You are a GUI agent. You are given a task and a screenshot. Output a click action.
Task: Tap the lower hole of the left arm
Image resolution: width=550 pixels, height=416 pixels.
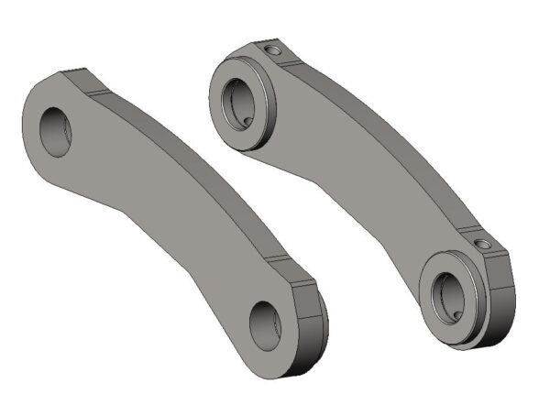tap(265, 322)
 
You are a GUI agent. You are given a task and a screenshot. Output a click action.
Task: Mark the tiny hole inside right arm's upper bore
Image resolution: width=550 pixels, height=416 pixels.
tap(249, 117)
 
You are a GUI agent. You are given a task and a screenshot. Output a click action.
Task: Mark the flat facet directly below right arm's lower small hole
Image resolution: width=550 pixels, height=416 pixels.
tap(495, 266)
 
